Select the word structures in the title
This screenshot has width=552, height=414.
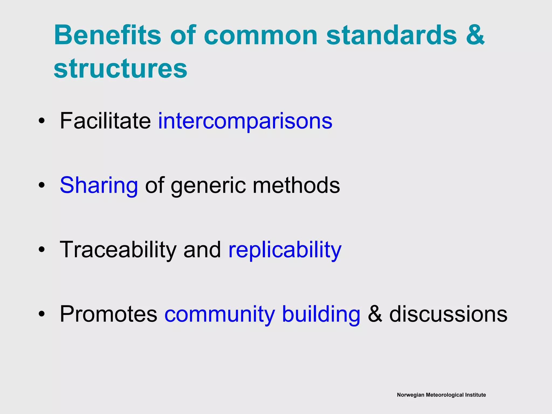point(120,68)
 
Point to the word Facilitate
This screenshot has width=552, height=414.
point(105,121)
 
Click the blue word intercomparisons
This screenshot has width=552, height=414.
point(245,121)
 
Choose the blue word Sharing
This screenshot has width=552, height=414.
point(99,185)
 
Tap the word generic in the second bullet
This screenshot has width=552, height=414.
point(208,185)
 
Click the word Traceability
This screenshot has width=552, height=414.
point(118,250)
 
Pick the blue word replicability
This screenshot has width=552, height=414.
point(285,250)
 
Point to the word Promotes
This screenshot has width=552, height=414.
point(108,314)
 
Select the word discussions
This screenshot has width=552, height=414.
point(448,314)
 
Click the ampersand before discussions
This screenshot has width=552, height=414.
point(375,314)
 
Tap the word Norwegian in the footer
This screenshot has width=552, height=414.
point(410,395)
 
